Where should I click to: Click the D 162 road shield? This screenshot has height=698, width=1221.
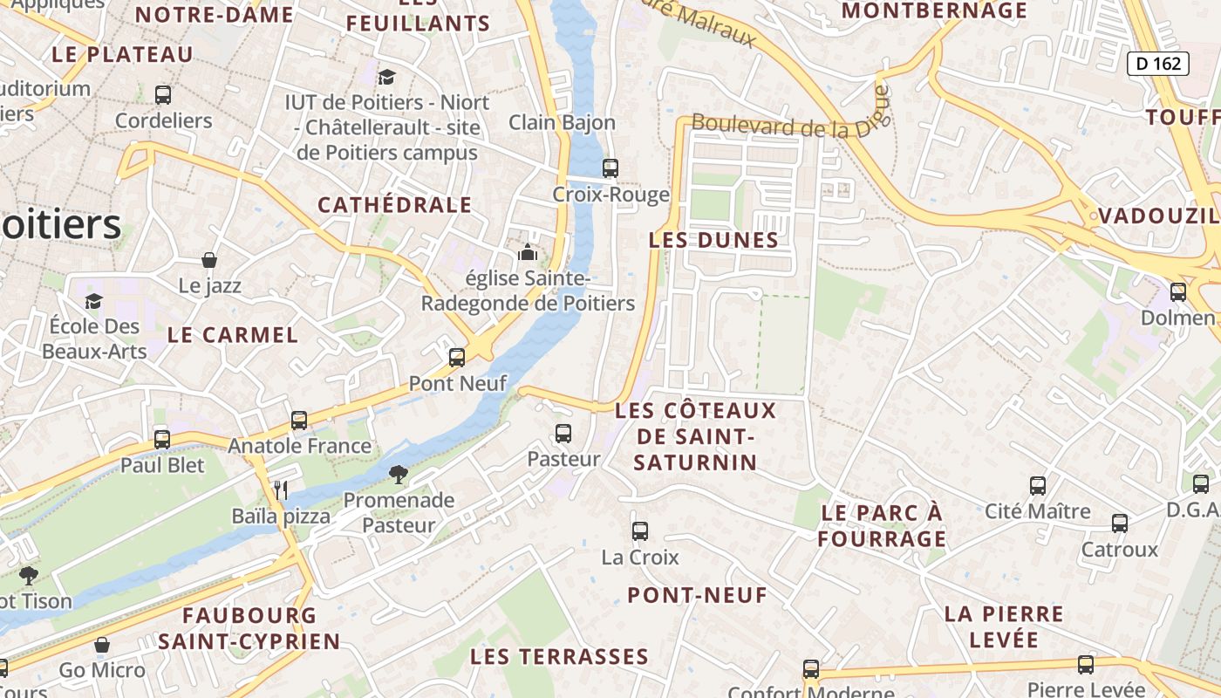click(x=1158, y=63)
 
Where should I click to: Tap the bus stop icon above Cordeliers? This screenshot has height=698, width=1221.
click(x=163, y=95)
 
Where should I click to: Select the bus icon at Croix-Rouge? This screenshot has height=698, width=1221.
click(x=610, y=168)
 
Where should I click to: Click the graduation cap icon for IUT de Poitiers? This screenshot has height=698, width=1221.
click(x=386, y=77)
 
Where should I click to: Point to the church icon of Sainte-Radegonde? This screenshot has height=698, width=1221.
click(x=527, y=253)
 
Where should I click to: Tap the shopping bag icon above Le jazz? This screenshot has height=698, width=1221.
click(x=209, y=260)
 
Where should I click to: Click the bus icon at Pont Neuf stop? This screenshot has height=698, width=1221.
click(x=457, y=358)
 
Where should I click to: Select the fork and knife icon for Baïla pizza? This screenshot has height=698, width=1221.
click(x=281, y=490)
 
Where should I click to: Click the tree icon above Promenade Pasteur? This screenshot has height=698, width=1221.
click(x=399, y=475)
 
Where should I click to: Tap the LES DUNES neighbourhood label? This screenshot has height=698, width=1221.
click(x=713, y=240)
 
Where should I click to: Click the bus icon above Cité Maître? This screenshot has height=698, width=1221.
click(x=1038, y=486)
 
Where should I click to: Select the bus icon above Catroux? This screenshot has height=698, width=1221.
click(x=1120, y=523)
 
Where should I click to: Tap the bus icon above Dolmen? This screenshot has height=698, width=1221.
click(x=1178, y=292)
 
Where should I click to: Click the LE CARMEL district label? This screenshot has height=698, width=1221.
click(x=232, y=334)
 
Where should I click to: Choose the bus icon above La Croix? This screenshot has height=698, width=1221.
click(x=640, y=530)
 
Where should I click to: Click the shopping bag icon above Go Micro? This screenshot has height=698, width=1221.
click(x=102, y=646)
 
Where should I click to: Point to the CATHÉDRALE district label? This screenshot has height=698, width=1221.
click(x=394, y=205)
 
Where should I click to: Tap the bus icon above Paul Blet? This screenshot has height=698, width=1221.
click(x=162, y=440)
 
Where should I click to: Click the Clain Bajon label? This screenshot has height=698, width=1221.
click(x=562, y=122)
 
